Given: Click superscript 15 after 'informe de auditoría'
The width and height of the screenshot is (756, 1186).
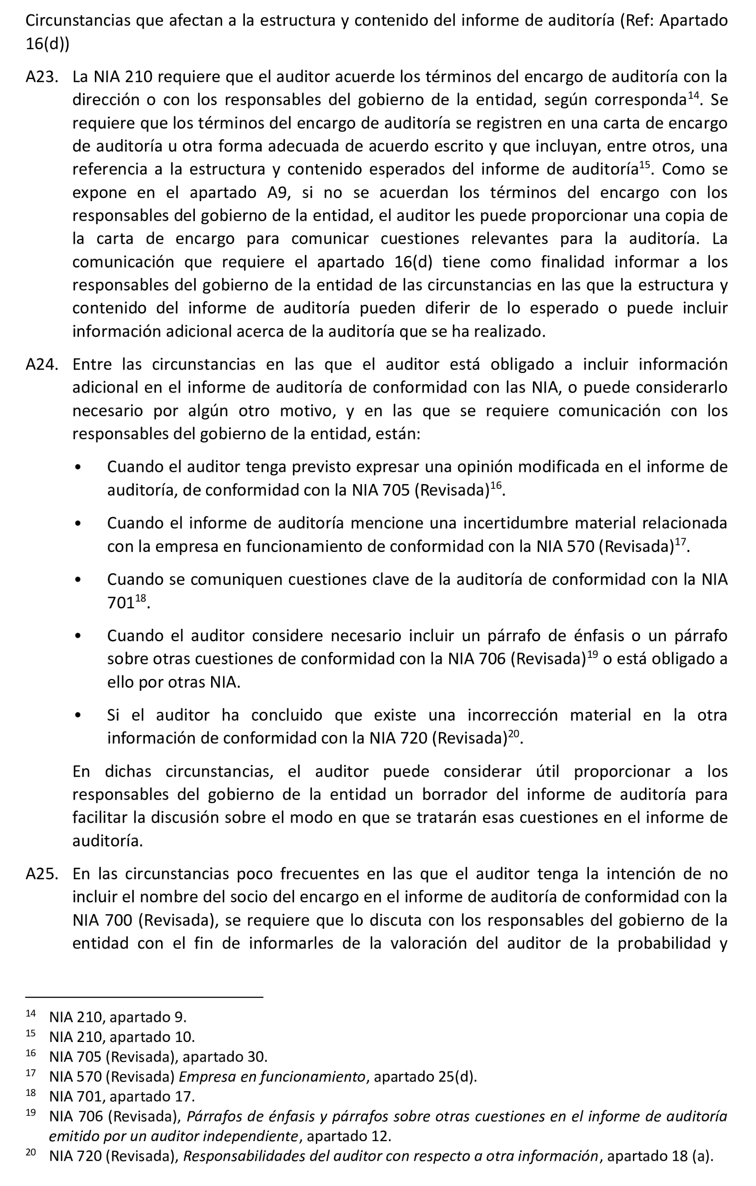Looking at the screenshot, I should [x=644, y=165].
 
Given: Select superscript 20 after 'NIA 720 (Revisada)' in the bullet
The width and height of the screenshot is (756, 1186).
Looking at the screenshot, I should [x=514, y=734].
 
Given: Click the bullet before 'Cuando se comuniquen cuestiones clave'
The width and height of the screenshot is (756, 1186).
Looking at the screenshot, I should [x=78, y=580].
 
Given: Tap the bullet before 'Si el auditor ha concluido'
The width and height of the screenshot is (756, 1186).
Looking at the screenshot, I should [x=78, y=716].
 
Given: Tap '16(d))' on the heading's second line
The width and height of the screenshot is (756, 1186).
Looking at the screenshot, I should [x=47, y=44].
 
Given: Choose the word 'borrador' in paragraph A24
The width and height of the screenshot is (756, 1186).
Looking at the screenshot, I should [x=458, y=795].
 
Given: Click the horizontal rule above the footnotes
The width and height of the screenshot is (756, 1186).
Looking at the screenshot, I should [x=144, y=997].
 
